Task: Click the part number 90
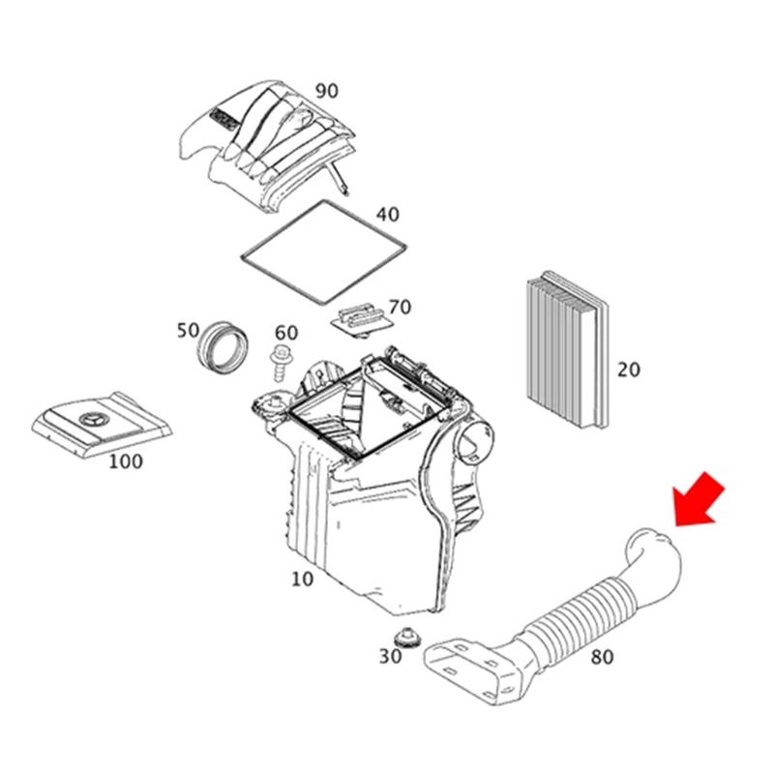(x=327, y=91)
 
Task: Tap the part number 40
(x=388, y=215)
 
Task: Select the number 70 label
(x=400, y=307)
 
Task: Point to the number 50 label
(x=188, y=330)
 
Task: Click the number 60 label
(x=286, y=333)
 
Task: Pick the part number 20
(x=628, y=370)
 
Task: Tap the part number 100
(x=126, y=461)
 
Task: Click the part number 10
(x=302, y=579)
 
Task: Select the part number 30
(x=390, y=657)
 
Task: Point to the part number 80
(x=602, y=657)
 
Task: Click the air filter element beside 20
(x=568, y=349)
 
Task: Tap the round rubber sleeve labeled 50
(x=223, y=348)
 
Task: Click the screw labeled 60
(x=280, y=364)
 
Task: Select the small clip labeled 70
(x=363, y=321)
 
